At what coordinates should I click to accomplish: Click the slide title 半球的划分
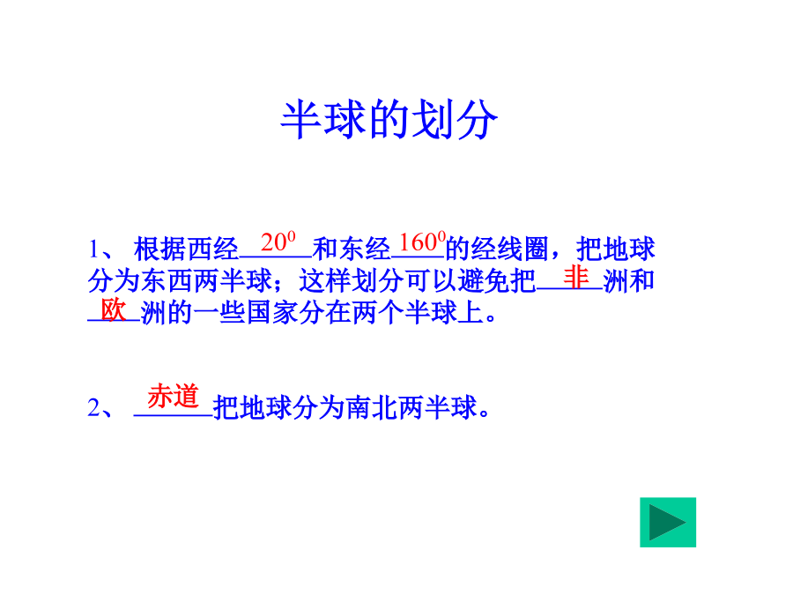pyautogui.click(x=389, y=119)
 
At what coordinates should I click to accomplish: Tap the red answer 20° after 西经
pyautogui.click(x=278, y=242)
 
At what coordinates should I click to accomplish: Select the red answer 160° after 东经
pyautogui.click(x=422, y=242)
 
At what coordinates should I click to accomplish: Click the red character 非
pyautogui.click(x=576, y=278)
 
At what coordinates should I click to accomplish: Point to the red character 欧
pyautogui.click(x=113, y=309)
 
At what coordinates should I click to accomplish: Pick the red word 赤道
pyautogui.click(x=173, y=396)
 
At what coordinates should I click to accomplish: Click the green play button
pyautogui.click(x=668, y=522)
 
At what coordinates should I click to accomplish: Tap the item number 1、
pyautogui.click(x=101, y=249)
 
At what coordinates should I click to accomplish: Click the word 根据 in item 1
pyautogui.click(x=159, y=249)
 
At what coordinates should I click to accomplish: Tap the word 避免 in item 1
pyautogui.click(x=484, y=281)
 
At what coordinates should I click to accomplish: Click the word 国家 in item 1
pyautogui.click(x=272, y=313)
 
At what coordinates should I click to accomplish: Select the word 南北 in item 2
pyautogui.click(x=372, y=407)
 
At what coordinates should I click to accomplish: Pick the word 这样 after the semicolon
pyautogui.click(x=325, y=281)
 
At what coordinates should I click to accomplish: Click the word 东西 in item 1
pyautogui.click(x=167, y=281)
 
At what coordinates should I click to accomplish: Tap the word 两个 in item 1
pyautogui.click(x=378, y=313)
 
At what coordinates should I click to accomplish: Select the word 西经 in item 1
pyautogui.click(x=212, y=249)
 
